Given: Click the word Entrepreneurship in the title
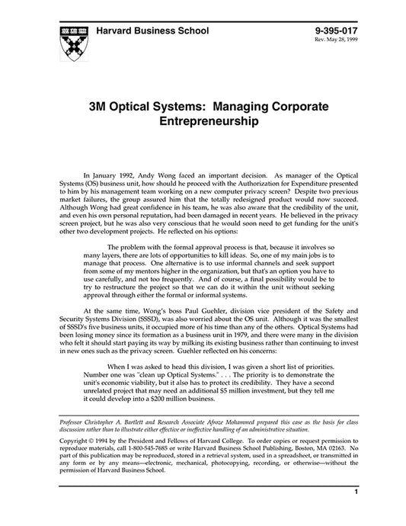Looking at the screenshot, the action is pos(202,120).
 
